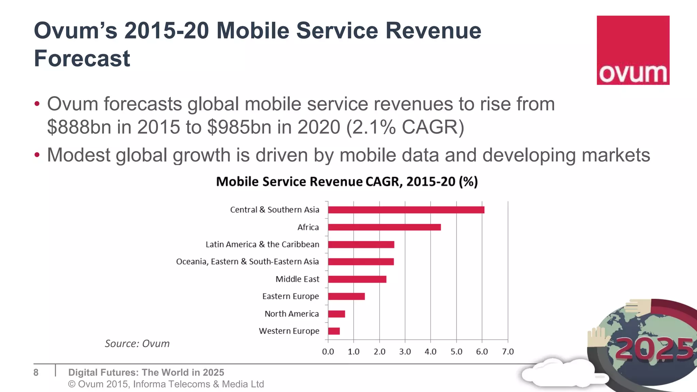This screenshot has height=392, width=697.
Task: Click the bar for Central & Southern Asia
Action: coord(406,210)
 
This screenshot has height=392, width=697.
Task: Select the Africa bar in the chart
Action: coord(384,227)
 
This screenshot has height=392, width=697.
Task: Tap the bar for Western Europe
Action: coord(334,331)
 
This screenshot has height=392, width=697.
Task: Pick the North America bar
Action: coord(337,314)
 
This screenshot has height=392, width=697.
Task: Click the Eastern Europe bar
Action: coord(346,296)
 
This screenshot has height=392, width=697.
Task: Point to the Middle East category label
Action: coord(297,279)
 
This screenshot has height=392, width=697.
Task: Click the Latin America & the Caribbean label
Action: coord(262,244)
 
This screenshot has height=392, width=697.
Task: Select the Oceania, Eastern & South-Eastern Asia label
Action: coord(247,262)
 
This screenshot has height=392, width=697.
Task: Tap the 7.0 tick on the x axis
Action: coord(508,352)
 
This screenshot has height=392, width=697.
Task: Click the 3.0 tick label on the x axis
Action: coord(405,352)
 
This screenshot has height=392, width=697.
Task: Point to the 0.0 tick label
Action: coord(328,352)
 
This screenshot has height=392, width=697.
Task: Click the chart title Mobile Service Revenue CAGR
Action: coord(347,182)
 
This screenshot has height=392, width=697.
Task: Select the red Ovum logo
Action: coord(633,50)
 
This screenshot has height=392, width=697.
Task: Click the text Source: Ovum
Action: coord(137,344)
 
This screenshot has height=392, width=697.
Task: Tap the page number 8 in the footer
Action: coord(36,373)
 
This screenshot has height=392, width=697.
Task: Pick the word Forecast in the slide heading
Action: coord(82,59)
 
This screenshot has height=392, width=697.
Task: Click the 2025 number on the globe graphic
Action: coord(654,348)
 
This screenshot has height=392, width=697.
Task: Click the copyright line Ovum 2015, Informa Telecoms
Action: coord(166,384)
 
